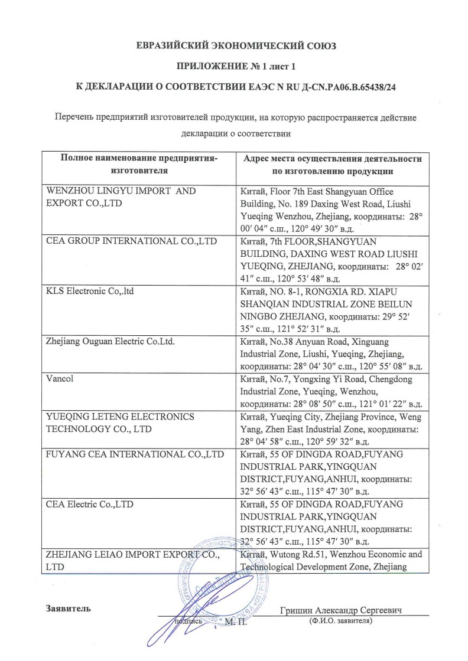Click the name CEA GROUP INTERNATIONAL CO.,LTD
pos(131,241)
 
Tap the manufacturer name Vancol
pos(60,378)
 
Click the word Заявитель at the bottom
pos(68,608)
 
